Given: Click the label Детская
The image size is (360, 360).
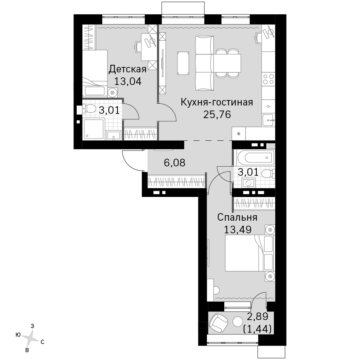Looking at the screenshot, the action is tap(127, 69).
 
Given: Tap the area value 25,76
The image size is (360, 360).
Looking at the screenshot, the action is tap(217, 114).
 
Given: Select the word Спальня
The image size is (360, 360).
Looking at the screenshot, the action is tap(237, 217).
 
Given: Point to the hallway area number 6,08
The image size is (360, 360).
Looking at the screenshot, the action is tap(175, 163).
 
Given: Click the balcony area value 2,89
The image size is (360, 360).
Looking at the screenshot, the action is tap(257, 316).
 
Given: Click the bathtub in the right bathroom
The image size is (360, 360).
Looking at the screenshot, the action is tap(256, 158).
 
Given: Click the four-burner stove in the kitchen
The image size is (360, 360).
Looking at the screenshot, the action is tap(269, 79).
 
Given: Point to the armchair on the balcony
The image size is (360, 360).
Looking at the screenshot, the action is tap(218, 323).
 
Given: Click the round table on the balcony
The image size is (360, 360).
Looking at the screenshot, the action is tap(237, 321).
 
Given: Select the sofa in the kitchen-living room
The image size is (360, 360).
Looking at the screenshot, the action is tap(204, 63).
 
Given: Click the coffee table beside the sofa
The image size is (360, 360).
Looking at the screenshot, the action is tap(183, 63).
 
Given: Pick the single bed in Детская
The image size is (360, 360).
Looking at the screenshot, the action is tap(95, 73).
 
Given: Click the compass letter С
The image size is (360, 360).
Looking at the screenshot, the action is tap(42, 342).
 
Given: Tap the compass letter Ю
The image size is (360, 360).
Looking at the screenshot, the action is tap(18, 335).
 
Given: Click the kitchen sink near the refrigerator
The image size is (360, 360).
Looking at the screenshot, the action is tap(269, 120).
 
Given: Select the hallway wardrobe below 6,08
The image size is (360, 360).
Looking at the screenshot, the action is tap(176, 182).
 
